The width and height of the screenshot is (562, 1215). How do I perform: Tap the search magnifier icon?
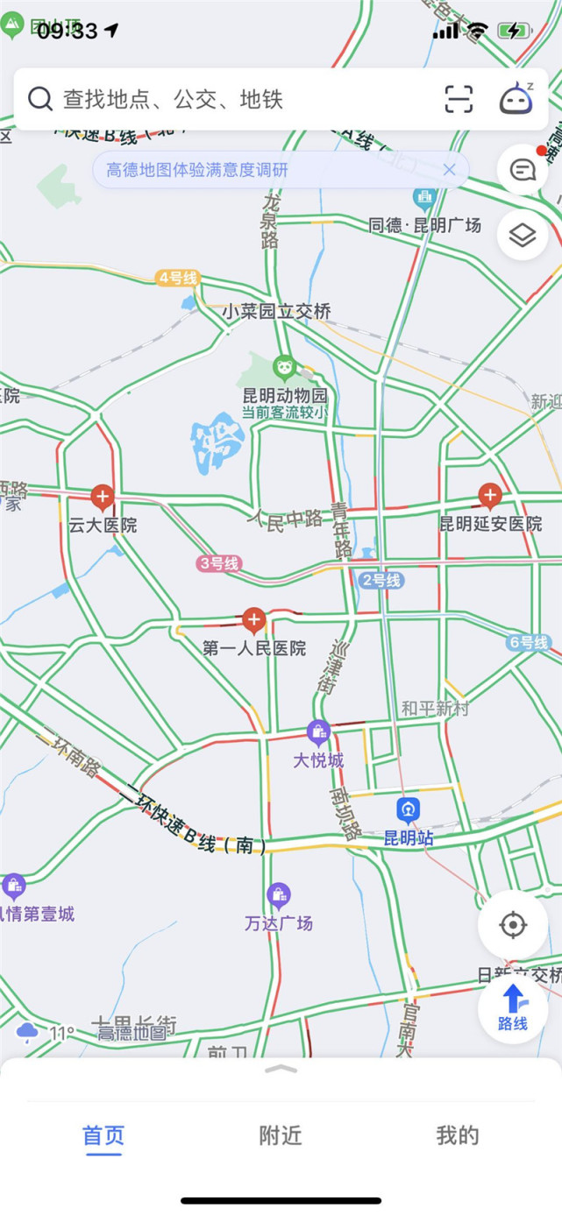40,98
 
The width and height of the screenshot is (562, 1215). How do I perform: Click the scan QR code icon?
459,99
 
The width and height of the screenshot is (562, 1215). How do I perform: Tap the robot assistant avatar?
516,98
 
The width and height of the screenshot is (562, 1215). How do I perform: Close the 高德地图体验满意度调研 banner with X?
449,170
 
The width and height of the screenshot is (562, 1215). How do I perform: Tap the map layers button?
523,235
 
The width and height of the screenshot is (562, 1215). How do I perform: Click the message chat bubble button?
523,170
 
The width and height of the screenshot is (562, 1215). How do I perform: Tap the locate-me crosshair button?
513,925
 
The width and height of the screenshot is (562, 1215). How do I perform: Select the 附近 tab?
281,1135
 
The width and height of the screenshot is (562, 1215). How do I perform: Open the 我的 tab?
458,1135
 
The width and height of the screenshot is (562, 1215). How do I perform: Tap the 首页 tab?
103,1135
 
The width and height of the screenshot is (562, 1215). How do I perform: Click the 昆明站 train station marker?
408,810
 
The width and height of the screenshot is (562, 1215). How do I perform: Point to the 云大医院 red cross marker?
103,498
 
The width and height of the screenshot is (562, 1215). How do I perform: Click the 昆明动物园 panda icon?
284,367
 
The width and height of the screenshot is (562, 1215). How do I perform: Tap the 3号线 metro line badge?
218,564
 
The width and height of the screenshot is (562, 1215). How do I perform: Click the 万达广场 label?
279,923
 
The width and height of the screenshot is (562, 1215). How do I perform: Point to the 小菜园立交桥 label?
275,311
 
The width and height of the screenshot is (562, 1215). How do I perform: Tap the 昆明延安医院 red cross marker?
489,497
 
